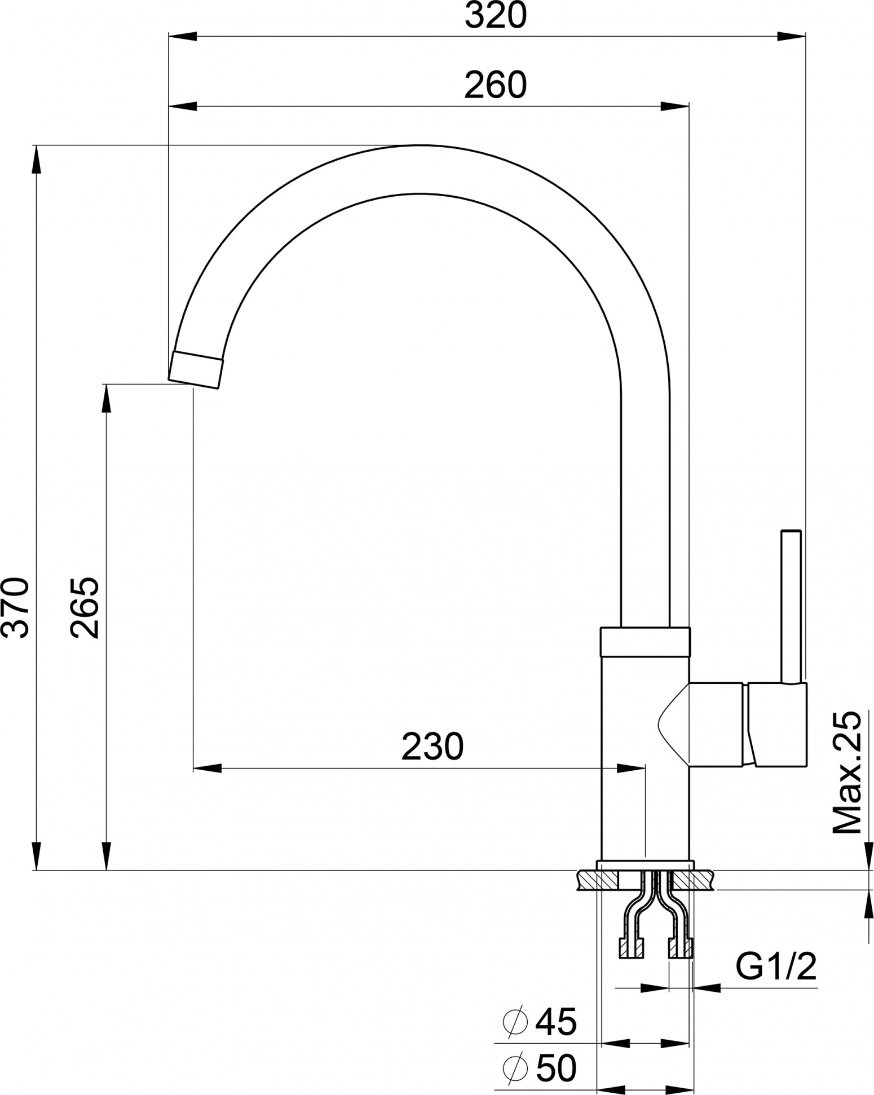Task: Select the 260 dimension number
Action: (496, 85)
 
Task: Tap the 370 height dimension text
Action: (15, 607)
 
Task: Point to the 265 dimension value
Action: (85, 607)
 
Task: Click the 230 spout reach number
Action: (432, 747)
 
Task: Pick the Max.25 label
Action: (847, 773)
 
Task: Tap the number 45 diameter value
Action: (556, 1021)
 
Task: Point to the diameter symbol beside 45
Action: (514, 1021)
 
